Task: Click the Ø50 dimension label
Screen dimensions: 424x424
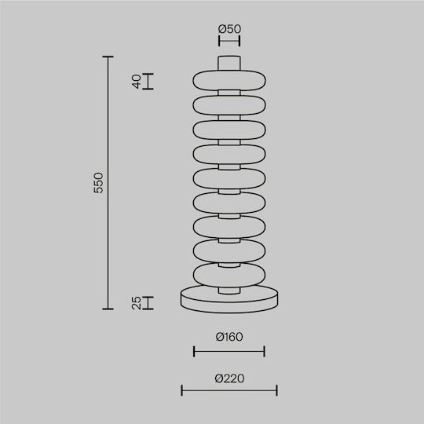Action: click(229, 29)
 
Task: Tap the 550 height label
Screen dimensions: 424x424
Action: click(98, 183)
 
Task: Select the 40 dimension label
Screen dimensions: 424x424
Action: click(137, 82)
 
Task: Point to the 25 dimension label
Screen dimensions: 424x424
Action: click(137, 303)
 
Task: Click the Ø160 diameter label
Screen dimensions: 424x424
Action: click(229, 337)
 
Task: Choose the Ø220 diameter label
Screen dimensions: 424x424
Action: click(229, 378)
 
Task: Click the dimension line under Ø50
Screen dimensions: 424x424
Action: click(229, 41)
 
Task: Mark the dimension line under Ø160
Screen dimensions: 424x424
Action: click(229, 351)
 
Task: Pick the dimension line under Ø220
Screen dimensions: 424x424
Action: click(229, 390)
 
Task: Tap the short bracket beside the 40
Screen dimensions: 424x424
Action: click(148, 81)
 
